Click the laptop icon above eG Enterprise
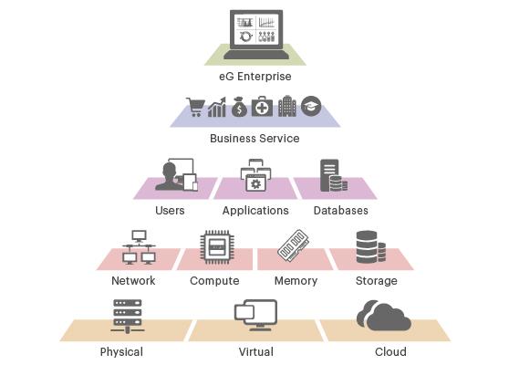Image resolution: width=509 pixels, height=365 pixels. click(256, 35)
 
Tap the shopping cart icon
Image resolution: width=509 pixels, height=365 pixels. click(195, 107)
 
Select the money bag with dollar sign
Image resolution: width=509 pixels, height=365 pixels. click(239, 107)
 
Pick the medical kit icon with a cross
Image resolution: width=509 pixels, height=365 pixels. click(262, 106)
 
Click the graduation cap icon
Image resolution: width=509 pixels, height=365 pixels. click(311, 106)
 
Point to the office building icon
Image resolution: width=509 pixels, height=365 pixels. click(287, 106)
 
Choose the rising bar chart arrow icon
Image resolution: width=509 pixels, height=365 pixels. click(217, 107)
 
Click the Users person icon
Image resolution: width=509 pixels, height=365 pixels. click(176, 174)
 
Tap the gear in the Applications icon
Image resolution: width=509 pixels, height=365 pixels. click(255, 184)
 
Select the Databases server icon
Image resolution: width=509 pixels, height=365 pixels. click(334, 175)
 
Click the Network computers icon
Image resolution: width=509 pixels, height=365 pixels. click(139, 247)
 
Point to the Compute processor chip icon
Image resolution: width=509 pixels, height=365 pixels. click(217, 247)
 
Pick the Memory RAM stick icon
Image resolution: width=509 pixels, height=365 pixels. click(293, 245)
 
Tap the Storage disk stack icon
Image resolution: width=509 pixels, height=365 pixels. click(370, 247)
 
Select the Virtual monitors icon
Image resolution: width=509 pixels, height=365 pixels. click(255, 315)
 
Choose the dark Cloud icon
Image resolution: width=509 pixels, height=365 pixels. click(384, 315)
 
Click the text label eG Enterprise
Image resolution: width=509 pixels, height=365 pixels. click(255, 77)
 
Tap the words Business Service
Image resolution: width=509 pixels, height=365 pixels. click(254, 139)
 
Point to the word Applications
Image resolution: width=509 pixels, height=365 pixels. click(255, 211)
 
